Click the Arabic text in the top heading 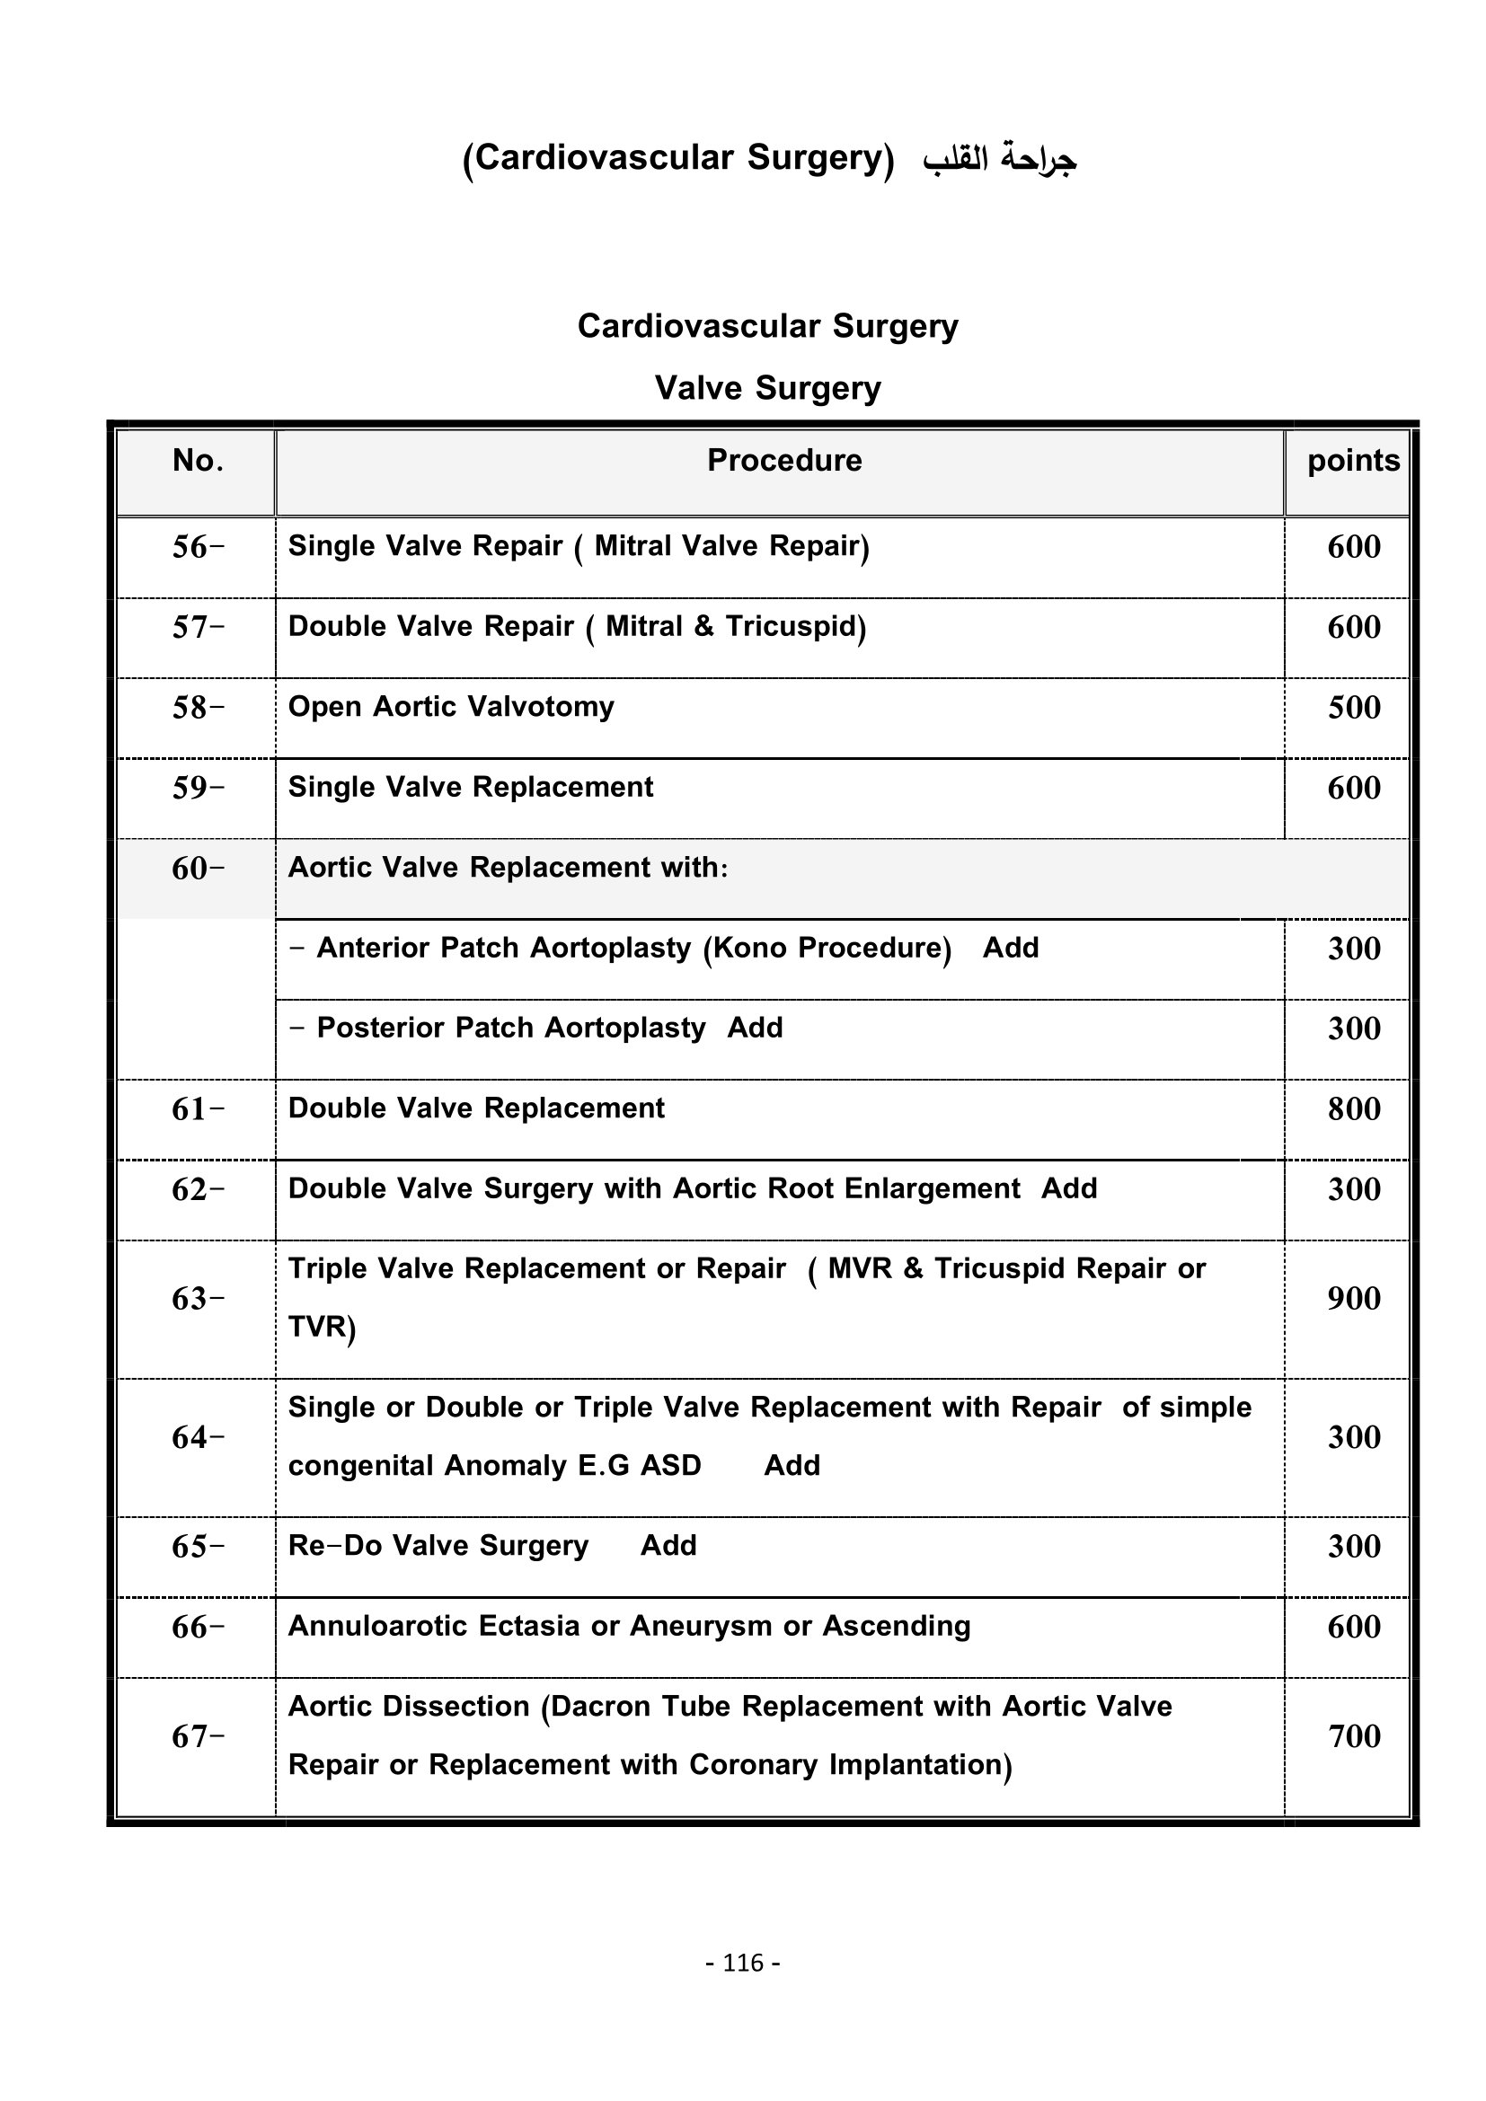(x=999, y=159)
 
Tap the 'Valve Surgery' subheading (x=766, y=388)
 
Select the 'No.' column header (x=198, y=460)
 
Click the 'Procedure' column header (x=784, y=460)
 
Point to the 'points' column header (x=1352, y=460)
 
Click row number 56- (x=198, y=547)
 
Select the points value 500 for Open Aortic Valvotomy (x=1353, y=707)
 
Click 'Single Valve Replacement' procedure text (x=470, y=788)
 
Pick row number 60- (x=198, y=869)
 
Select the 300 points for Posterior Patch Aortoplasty (x=1353, y=1028)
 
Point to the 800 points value (x=1353, y=1109)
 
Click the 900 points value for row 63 (x=1353, y=1299)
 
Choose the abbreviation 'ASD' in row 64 (x=670, y=1466)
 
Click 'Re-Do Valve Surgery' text (x=438, y=1546)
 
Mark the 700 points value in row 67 (x=1353, y=1736)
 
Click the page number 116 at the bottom (x=742, y=1963)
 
